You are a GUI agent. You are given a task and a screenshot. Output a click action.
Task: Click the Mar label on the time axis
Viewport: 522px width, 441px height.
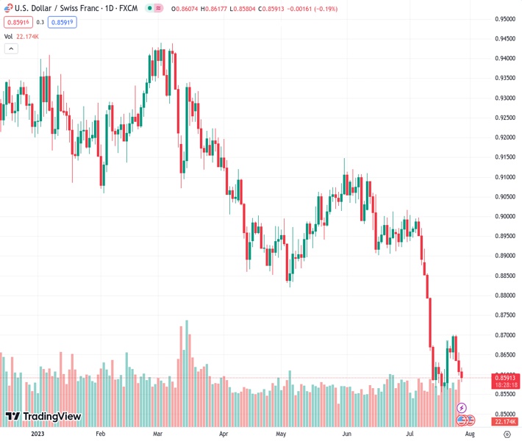(157, 434)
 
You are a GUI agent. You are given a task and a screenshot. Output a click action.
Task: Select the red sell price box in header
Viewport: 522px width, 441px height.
(16, 22)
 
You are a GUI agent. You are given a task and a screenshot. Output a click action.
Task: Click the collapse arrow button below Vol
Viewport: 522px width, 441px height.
(11, 49)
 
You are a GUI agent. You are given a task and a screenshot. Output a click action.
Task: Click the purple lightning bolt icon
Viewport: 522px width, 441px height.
(462, 408)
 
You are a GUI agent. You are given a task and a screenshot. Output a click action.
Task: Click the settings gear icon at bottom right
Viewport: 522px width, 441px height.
(506, 434)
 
